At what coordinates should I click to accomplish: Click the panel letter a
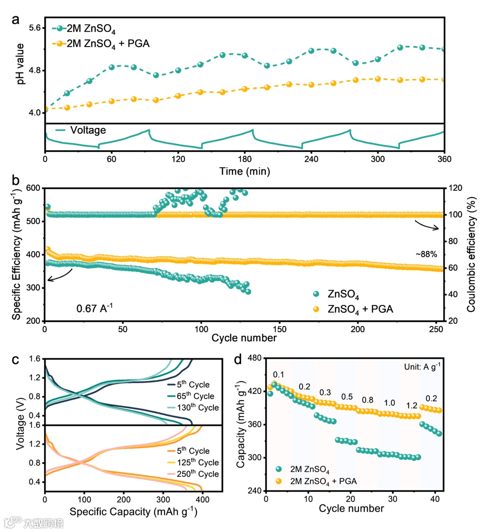pyautogui.click(x=16, y=20)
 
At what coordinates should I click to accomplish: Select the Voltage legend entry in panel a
pyautogui.click(x=88, y=130)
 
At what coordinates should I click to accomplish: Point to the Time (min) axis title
pyautogui.click(x=245, y=170)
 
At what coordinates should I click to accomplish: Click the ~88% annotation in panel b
pyautogui.click(x=426, y=254)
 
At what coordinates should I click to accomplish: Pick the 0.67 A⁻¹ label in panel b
pyautogui.click(x=95, y=309)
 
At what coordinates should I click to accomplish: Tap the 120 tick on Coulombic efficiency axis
pyautogui.click(x=455, y=188)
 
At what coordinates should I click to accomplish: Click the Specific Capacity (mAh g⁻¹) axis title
pyautogui.click(x=133, y=512)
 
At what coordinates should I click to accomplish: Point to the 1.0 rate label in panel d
pyautogui.click(x=389, y=403)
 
